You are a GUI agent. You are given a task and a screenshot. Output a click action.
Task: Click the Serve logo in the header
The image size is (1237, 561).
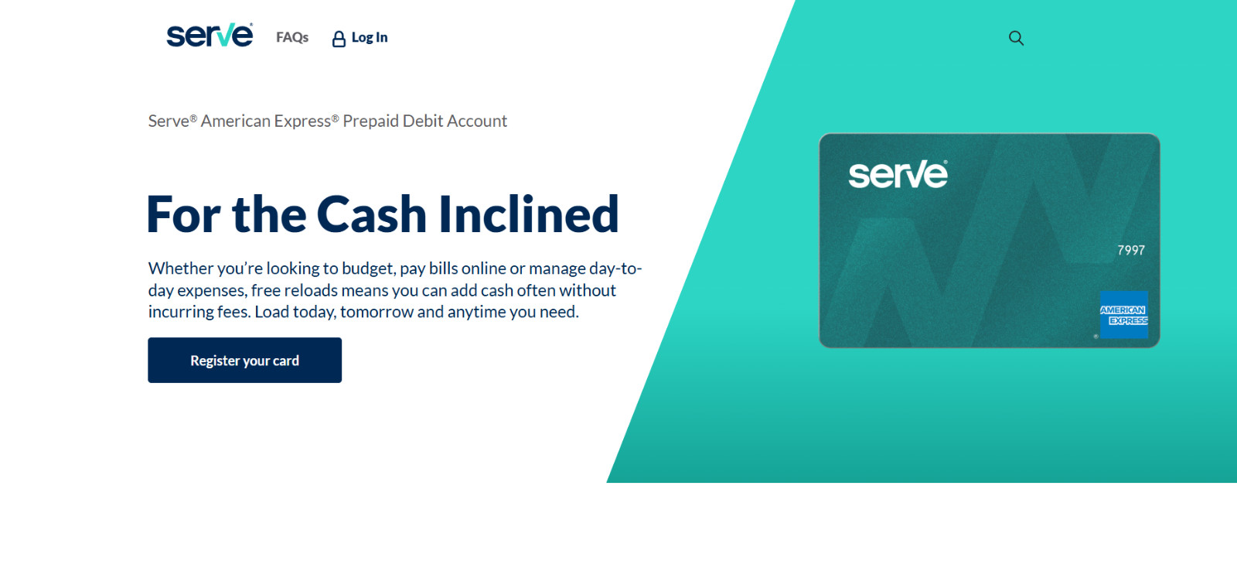click(x=210, y=36)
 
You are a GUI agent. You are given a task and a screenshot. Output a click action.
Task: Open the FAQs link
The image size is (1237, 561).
click(x=292, y=37)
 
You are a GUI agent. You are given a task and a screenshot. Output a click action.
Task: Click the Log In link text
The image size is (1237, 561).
click(x=370, y=37)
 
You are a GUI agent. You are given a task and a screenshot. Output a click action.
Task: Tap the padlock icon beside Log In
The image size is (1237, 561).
click(x=339, y=39)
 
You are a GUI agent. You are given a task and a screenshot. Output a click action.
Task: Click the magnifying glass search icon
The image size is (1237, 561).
click(x=1016, y=38)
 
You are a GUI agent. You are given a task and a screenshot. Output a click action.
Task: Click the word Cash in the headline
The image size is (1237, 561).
click(x=371, y=214)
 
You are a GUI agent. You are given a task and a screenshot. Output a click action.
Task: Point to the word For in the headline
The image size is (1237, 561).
click(x=183, y=214)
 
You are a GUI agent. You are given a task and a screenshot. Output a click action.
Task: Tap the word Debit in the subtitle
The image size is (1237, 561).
click(x=422, y=121)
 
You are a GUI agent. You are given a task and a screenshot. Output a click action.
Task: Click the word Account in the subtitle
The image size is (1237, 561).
click(x=477, y=121)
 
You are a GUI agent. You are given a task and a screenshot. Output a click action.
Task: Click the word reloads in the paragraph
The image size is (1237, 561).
click(x=311, y=290)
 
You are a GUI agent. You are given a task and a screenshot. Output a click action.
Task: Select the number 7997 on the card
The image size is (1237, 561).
click(x=1130, y=250)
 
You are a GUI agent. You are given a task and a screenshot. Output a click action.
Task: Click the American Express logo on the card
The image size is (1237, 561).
click(x=1123, y=314)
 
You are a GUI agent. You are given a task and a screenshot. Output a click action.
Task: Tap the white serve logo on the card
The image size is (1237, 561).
click(x=898, y=175)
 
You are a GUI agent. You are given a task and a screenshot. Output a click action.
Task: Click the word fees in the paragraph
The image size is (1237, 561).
click(x=233, y=312)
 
